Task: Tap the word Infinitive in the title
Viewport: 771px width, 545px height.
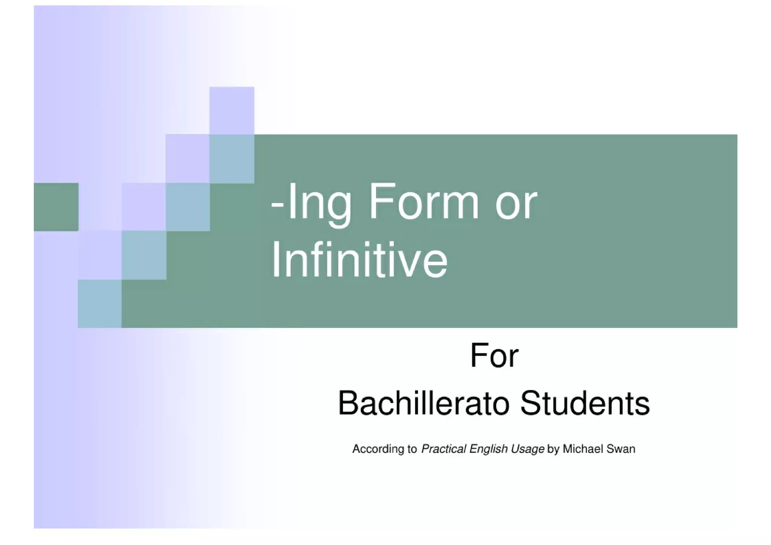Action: (360, 260)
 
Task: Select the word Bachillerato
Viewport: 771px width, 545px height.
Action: (424, 403)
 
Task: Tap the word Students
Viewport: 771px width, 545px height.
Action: (585, 403)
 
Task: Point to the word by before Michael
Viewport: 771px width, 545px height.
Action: (553, 449)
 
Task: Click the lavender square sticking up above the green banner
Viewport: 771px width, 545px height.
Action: (232, 110)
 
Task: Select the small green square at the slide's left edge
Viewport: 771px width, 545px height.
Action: (56, 207)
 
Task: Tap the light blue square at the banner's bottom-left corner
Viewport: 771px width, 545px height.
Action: (100, 304)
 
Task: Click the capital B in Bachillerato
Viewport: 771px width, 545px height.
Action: (346, 403)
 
